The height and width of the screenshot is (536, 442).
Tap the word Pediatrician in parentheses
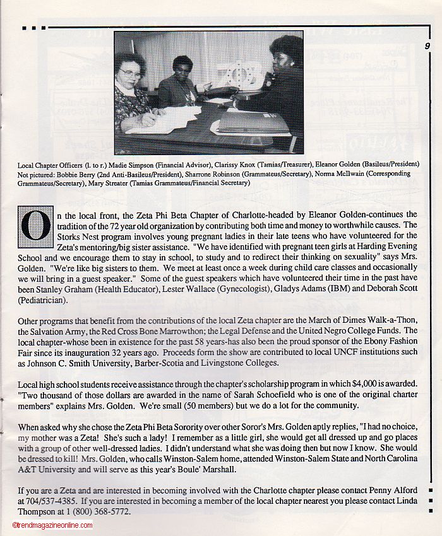pyautogui.click(x=44, y=301)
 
